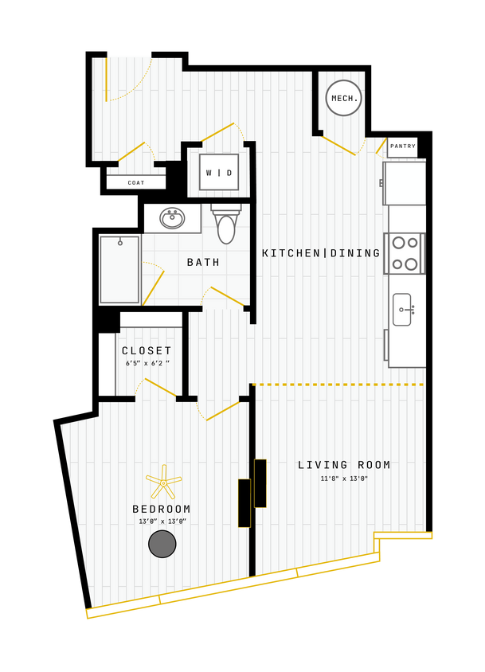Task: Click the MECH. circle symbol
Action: pyautogui.click(x=344, y=98)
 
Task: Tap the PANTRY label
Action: pyautogui.click(x=403, y=147)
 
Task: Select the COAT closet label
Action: pyautogui.click(x=136, y=182)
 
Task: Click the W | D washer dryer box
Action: pyautogui.click(x=219, y=172)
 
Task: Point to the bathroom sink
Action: pyautogui.click(x=172, y=217)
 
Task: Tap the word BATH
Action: pyautogui.click(x=204, y=262)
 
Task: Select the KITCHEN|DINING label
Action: pyautogui.click(x=322, y=253)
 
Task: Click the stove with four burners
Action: pyautogui.click(x=405, y=253)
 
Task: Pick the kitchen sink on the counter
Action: pyautogui.click(x=402, y=309)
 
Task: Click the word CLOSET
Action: pyautogui.click(x=147, y=350)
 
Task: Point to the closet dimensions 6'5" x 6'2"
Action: pyautogui.click(x=147, y=363)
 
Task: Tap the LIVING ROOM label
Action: pyautogui.click(x=345, y=465)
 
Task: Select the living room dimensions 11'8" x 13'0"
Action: pyautogui.click(x=344, y=479)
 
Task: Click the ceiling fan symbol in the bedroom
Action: pyautogui.click(x=163, y=483)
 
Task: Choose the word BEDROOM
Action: pyautogui.click(x=162, y=509)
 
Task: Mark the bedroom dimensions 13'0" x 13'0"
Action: pyautogui.click(x=162, y=522)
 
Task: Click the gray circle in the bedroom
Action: pyautogui.click(x=162, y=544)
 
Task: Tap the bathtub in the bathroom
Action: pyautogui.click(x=119, y=269)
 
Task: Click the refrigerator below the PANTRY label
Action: pyautogui.click(x=405, y=183)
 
